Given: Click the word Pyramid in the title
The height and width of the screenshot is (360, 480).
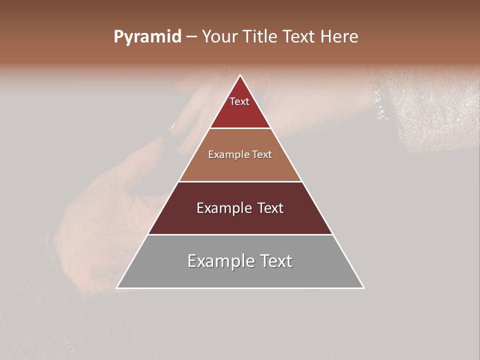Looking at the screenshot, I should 147,37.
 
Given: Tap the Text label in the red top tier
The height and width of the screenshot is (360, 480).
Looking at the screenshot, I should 239,101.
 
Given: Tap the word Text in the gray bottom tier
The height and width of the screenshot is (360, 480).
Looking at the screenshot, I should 274,261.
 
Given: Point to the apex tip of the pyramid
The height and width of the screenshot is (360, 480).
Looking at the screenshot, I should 240,75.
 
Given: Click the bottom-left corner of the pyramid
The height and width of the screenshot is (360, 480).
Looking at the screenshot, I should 117,287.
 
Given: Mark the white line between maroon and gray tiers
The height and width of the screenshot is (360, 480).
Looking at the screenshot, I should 240,234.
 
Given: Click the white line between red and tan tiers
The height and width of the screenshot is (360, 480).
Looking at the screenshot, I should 240,128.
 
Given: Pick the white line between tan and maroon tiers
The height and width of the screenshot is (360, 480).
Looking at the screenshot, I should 240,181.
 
